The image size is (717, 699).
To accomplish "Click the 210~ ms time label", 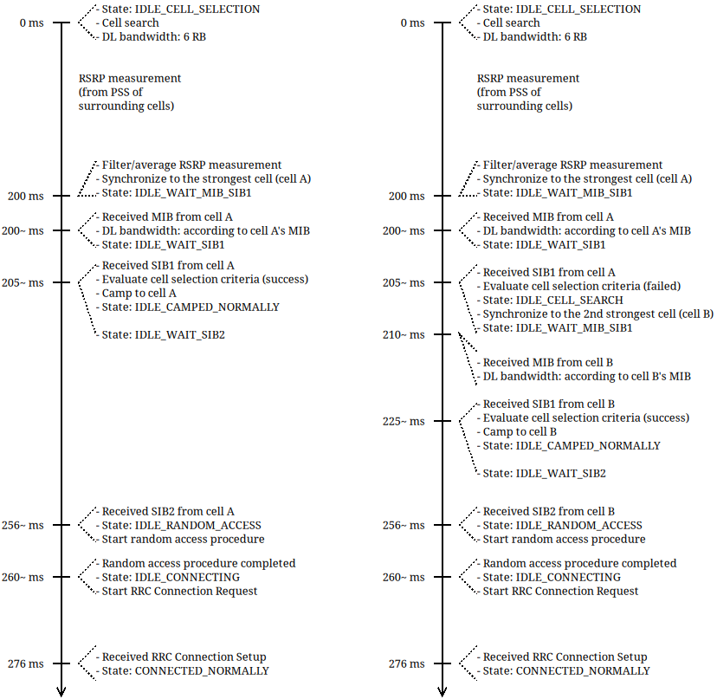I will pos(404,335).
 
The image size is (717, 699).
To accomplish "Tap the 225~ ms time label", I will pos(404,422).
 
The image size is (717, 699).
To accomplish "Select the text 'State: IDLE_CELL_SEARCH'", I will pos(552,300).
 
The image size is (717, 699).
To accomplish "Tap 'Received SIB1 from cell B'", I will pos(549,404).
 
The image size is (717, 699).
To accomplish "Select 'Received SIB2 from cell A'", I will pos(168,511).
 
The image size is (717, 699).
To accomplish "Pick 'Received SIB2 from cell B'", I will pos(549,511).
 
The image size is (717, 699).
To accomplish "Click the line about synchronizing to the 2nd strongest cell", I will pos(597,314).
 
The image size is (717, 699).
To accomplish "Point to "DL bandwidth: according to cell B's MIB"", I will pos(586,376).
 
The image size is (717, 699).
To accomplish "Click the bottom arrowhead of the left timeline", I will pos(61,690).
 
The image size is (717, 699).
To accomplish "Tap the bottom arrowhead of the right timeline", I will pos(442,690).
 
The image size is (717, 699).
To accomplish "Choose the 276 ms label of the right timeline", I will pos(407,664).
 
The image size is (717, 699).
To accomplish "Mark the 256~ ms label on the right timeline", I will pos(404,526).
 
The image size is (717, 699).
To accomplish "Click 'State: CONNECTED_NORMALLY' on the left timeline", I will pos(185,670).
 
